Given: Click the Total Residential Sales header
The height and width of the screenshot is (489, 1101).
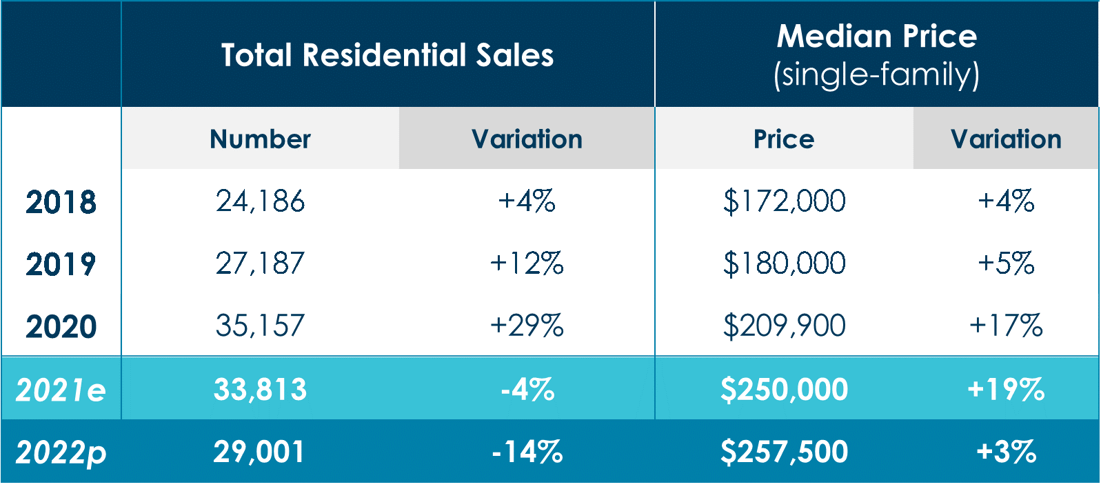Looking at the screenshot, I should pyautogui.click(x=387, y=55).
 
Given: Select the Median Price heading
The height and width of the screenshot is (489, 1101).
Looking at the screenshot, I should pyautogui.click(x=876, y=36).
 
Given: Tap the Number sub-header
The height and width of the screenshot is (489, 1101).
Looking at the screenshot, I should pyautogui.click(x=260, y=139).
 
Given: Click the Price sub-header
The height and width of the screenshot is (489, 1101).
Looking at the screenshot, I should pyautogui.click(x=784, y=139).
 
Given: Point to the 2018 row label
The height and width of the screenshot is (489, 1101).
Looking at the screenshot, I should pyautogui.click(x=61, y=202).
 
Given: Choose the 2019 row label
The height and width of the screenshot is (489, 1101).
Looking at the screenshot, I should pyautogui.click(x=61, y=264).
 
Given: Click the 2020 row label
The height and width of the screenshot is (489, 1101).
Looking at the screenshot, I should pyautogui.click(x=61, y=326).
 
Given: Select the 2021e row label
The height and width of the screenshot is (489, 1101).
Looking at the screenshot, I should pyautogui.click(x=61, y=390).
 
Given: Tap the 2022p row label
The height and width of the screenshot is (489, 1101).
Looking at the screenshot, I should pyautogui.click(x=61, y=452).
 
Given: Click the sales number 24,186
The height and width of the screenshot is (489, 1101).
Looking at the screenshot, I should pyautogui.click(x=260, y=201).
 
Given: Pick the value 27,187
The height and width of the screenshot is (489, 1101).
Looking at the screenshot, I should pyautogui.click(x=260, y=263).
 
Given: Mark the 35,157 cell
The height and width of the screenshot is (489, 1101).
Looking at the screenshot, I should pyautogui.click(x=260, y=326).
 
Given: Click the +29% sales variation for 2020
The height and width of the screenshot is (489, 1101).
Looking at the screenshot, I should pyautogui.click(x=527, y=326).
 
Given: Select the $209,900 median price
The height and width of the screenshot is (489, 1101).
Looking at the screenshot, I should pyautogui.click(x=784, y=326).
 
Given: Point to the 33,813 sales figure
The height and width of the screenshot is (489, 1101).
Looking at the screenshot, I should pyautogui.click(x=260, y=390).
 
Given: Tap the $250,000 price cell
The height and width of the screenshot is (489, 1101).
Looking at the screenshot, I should pyautogui.click(x=784, y=390).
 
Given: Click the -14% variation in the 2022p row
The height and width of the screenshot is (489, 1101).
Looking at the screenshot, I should pyautogui.click(x=527, y=452).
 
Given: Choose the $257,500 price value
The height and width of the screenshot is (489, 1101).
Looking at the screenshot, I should pyautogui.click(x=784, y=452).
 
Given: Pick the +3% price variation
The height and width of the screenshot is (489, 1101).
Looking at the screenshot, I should pyautogui.click(x=1006, y=452).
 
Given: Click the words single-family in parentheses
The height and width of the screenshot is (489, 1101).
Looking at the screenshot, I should pyautogui.click(x=876, y=74).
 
